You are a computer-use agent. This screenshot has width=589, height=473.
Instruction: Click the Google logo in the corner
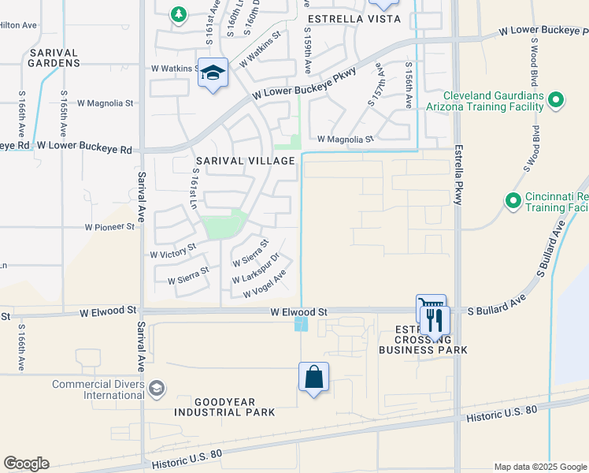point(26,464)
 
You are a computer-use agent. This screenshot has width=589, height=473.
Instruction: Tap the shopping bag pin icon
point(313,377)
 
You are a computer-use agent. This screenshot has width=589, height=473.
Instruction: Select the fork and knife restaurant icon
point(435,320)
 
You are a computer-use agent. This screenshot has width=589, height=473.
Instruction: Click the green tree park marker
point(180,13)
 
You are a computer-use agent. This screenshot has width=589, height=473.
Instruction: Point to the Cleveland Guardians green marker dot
point(556,100)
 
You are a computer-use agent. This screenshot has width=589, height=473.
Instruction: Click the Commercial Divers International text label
point(98,389)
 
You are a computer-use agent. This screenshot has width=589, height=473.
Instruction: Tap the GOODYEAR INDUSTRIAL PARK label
point(224,407)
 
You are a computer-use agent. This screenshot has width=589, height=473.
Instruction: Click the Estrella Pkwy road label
point(457,175)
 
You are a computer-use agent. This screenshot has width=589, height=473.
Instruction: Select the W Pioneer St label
point(110,227)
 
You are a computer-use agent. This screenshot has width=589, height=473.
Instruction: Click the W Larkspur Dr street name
point(256,270)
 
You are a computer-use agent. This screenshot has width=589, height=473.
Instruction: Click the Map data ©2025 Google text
point(539,467)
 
